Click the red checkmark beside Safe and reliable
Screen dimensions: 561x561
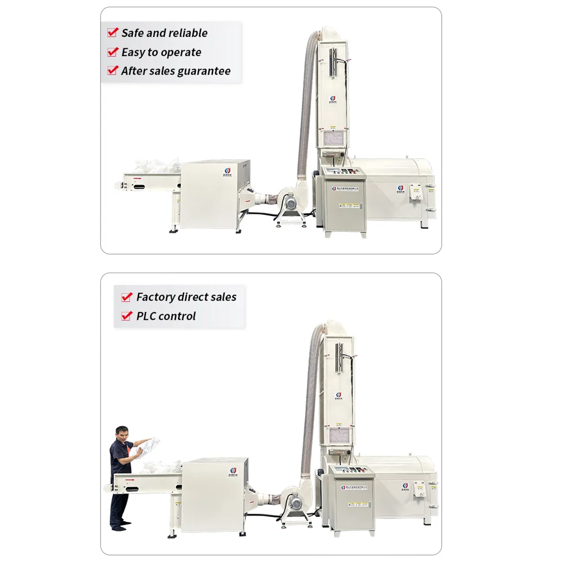pos(112,33)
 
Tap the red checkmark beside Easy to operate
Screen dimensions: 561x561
pos(112,52)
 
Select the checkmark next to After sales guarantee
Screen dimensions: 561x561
pos(112,71)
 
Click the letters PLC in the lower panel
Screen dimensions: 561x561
pos(146,316)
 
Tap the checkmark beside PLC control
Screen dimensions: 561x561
pos(127,316)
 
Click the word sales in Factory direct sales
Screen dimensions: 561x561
pos(223,297)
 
